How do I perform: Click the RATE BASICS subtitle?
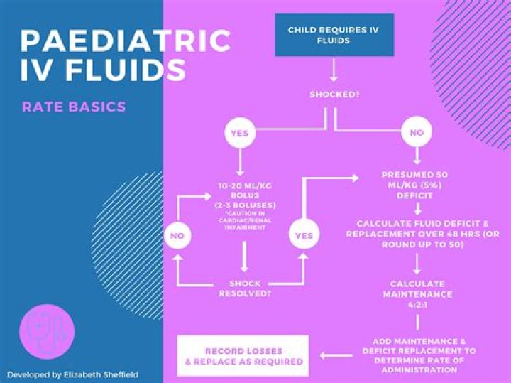74,107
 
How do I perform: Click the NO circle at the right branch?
417,133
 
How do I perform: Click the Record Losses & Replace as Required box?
243,356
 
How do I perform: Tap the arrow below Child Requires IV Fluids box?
333,71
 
